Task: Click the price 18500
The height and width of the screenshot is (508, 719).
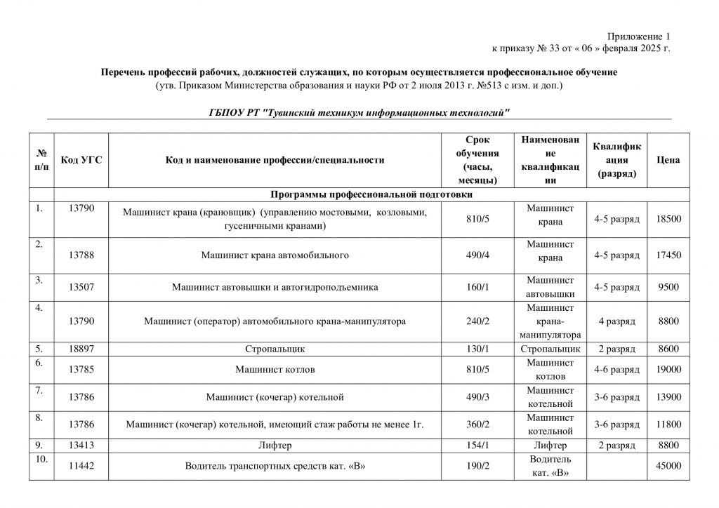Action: (668, 219)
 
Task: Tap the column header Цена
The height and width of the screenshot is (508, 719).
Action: (668, 160)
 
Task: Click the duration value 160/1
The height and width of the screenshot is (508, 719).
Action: (477, 287)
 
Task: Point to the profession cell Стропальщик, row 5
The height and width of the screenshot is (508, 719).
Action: (275, 348)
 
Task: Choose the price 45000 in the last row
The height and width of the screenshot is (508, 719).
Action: (668, 465)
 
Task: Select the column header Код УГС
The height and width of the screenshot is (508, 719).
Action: (81, 160)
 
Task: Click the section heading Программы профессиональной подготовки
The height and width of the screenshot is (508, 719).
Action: (371, 194)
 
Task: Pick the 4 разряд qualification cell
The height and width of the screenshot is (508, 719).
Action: (616, 321)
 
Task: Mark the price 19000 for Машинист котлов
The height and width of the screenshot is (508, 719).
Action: (668, 369)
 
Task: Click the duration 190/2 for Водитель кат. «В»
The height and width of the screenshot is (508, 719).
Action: (477, 465)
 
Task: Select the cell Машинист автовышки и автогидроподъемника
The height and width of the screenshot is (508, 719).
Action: (275, 287)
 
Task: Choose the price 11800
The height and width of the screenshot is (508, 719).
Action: (668, 424)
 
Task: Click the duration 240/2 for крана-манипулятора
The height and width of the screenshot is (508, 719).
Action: (477, 321)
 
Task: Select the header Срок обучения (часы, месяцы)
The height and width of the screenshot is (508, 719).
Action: (477, 160)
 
